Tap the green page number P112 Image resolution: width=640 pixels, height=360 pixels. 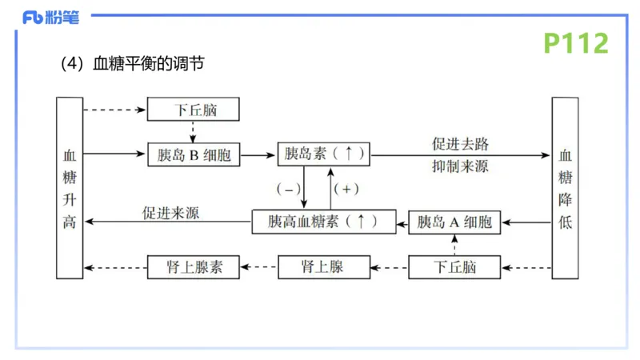576,43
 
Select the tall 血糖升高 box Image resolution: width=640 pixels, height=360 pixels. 69,188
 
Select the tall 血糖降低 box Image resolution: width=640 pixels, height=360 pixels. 565,188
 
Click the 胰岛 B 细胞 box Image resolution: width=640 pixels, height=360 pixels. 194,155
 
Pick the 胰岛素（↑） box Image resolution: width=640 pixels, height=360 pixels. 324,154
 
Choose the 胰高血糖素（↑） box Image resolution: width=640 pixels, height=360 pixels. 323,221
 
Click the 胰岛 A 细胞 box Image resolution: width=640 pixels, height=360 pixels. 454,222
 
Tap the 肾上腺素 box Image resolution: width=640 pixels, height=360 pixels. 194,266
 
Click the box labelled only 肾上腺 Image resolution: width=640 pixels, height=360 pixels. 323,266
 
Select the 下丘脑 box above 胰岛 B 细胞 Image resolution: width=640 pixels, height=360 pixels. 194,110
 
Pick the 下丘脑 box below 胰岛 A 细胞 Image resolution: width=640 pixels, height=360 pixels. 454,266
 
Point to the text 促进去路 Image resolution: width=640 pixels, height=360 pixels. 460,144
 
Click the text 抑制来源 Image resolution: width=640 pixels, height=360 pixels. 460,166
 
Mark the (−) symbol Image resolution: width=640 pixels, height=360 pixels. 289,190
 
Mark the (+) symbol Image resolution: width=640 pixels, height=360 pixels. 346,190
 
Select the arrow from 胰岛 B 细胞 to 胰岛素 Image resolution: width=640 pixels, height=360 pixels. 258,154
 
